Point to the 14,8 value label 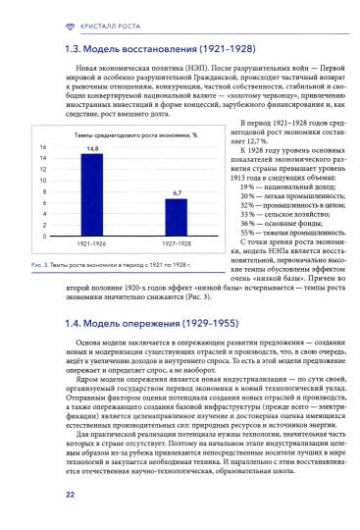(92, 148)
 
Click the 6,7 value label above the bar (178, 193)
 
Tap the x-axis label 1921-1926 (92, 244)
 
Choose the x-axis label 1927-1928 (178, 244)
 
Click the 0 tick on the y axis (44, 237)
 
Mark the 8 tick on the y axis (44, 190)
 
